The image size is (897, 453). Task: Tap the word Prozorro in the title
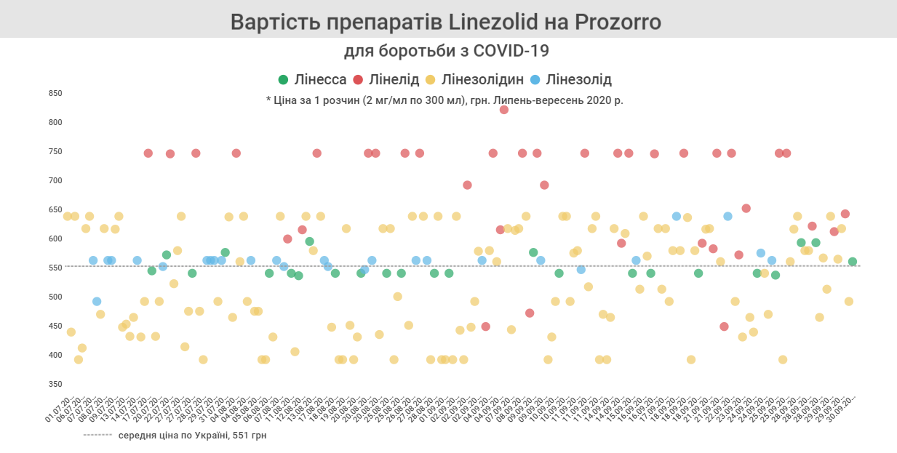coord(618,22)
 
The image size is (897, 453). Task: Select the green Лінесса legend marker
coord(283,80)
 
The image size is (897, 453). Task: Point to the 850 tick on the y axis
coord(55,93)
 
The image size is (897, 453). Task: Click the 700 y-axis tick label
coord(55,180)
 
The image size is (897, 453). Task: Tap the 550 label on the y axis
coord(55,268)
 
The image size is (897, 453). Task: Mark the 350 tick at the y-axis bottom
coord(55,384)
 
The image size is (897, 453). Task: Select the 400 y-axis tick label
coord(55,355)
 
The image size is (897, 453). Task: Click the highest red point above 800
coord(503,110)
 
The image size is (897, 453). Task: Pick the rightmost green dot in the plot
coord(852,262)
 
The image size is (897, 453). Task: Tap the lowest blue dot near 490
coord(97,302)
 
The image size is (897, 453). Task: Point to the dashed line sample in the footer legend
coord(97,436)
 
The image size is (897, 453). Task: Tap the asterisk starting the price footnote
coord(268,100)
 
